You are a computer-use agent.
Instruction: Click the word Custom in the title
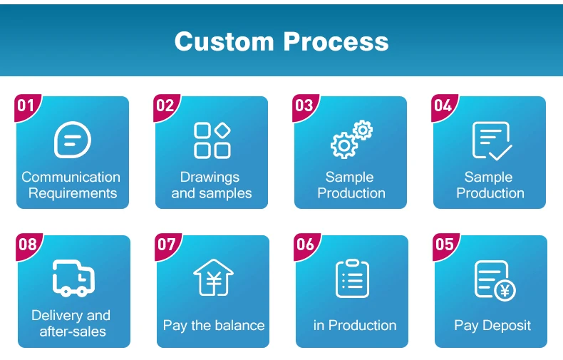tap(224, 41)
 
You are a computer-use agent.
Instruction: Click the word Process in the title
tap(336, 41)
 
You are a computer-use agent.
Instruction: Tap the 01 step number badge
tap(26, 107)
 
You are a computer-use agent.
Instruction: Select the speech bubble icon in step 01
tap(73, 140)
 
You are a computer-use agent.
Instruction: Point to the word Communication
tap(71, 177)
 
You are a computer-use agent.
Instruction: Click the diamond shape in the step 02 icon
tap(222, 130)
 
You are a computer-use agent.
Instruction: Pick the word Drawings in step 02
tap(210, 178)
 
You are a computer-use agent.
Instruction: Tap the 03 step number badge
tap(304, 107)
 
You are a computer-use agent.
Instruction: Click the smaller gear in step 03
tap(363, 130)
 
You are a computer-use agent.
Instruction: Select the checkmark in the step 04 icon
tap(500, 153)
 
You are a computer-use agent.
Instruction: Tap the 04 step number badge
tap(443, 107)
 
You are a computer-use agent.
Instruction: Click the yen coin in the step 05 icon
tap(505, 290)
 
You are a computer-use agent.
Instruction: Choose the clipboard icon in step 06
tap(352, 279)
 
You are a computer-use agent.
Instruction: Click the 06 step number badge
tap(306, 246)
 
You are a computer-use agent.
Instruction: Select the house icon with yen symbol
tap(213, 277)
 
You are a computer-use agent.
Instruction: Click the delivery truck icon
tap(73, 278)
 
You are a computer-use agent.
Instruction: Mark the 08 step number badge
tap(28, 246)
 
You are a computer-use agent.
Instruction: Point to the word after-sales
tap(73, 331)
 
